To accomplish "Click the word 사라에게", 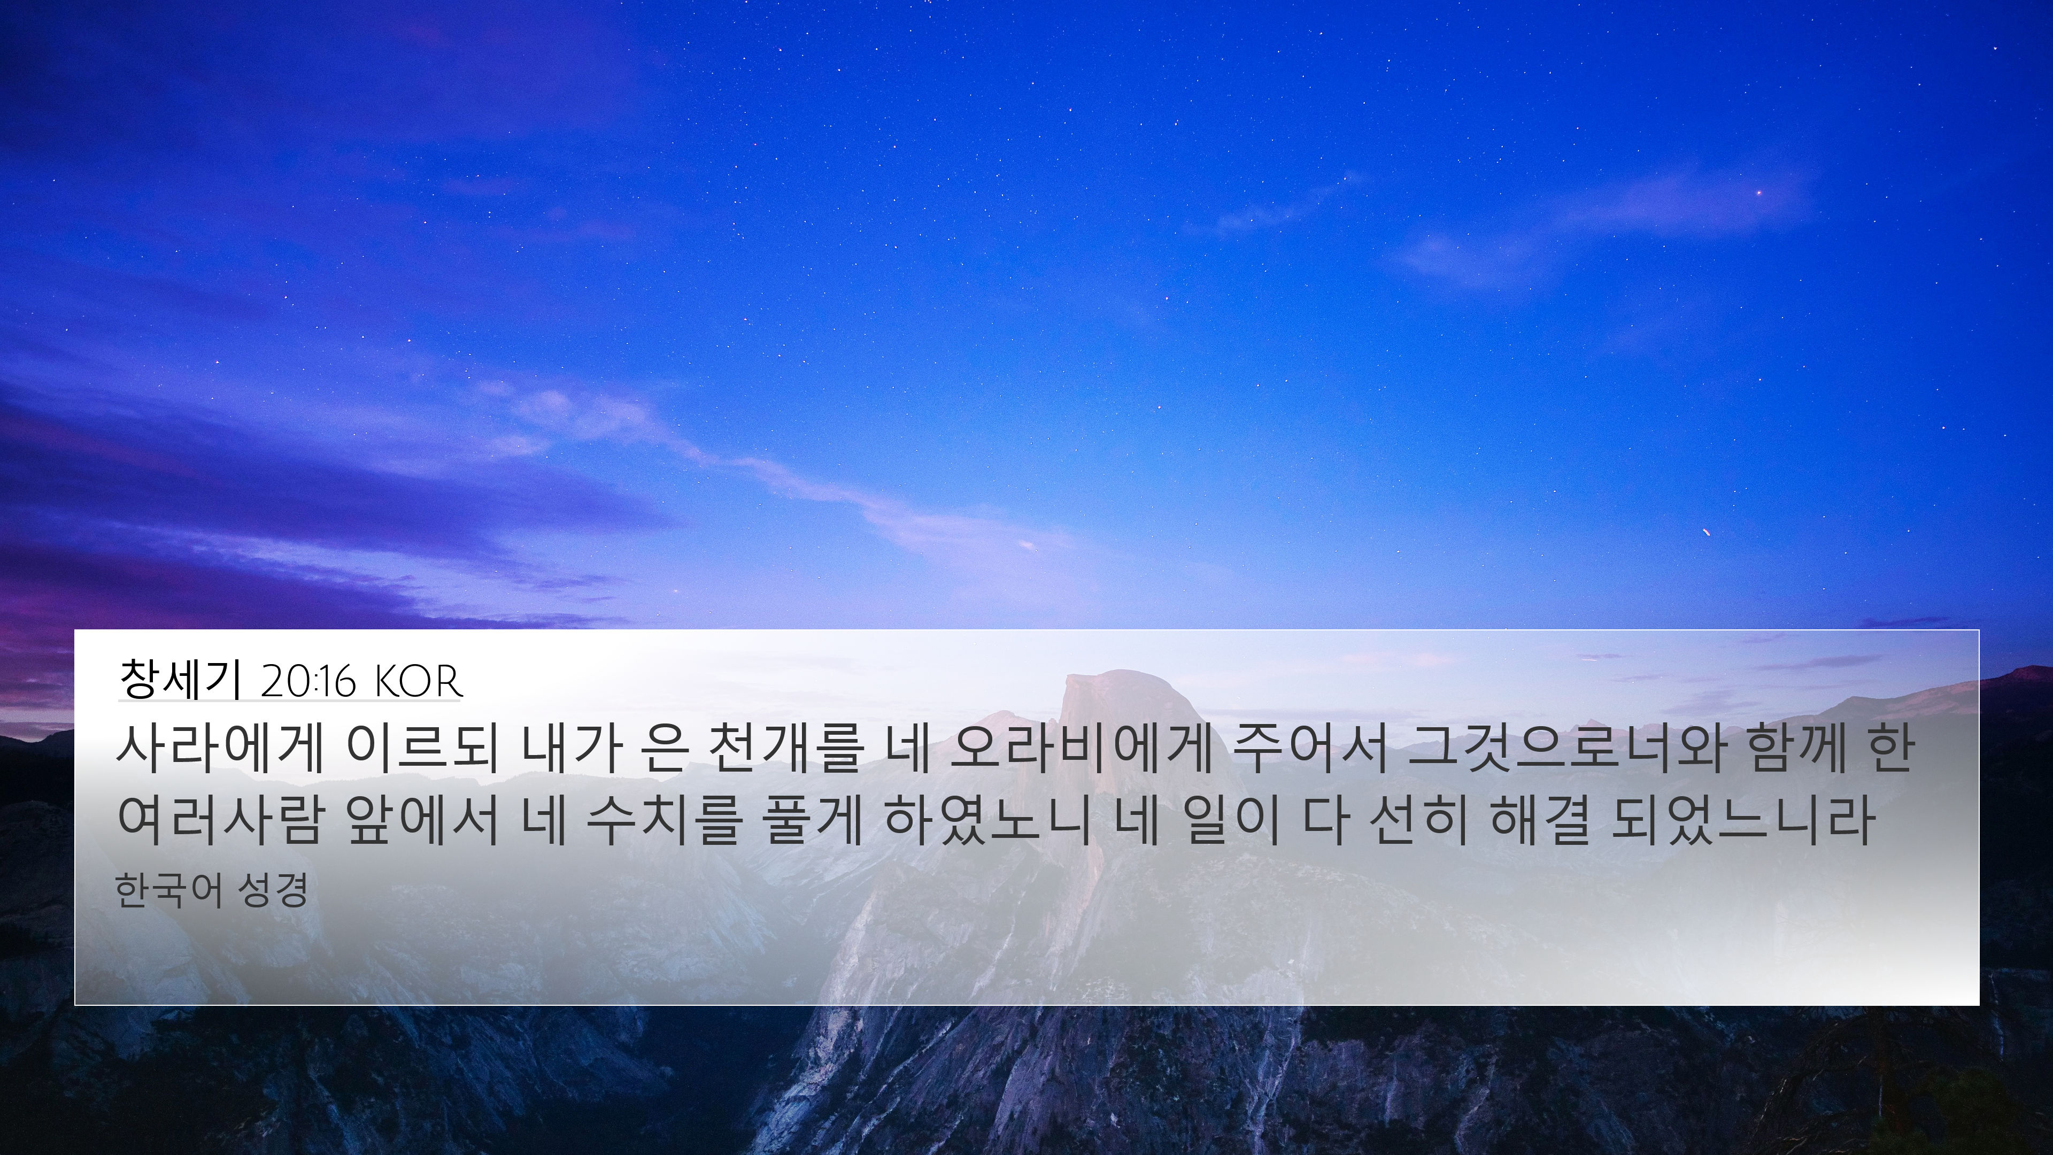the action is point(220,750).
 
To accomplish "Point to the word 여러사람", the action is point(220,820).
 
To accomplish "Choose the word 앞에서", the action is point(422,820).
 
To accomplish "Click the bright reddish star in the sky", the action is point(1759,193).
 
